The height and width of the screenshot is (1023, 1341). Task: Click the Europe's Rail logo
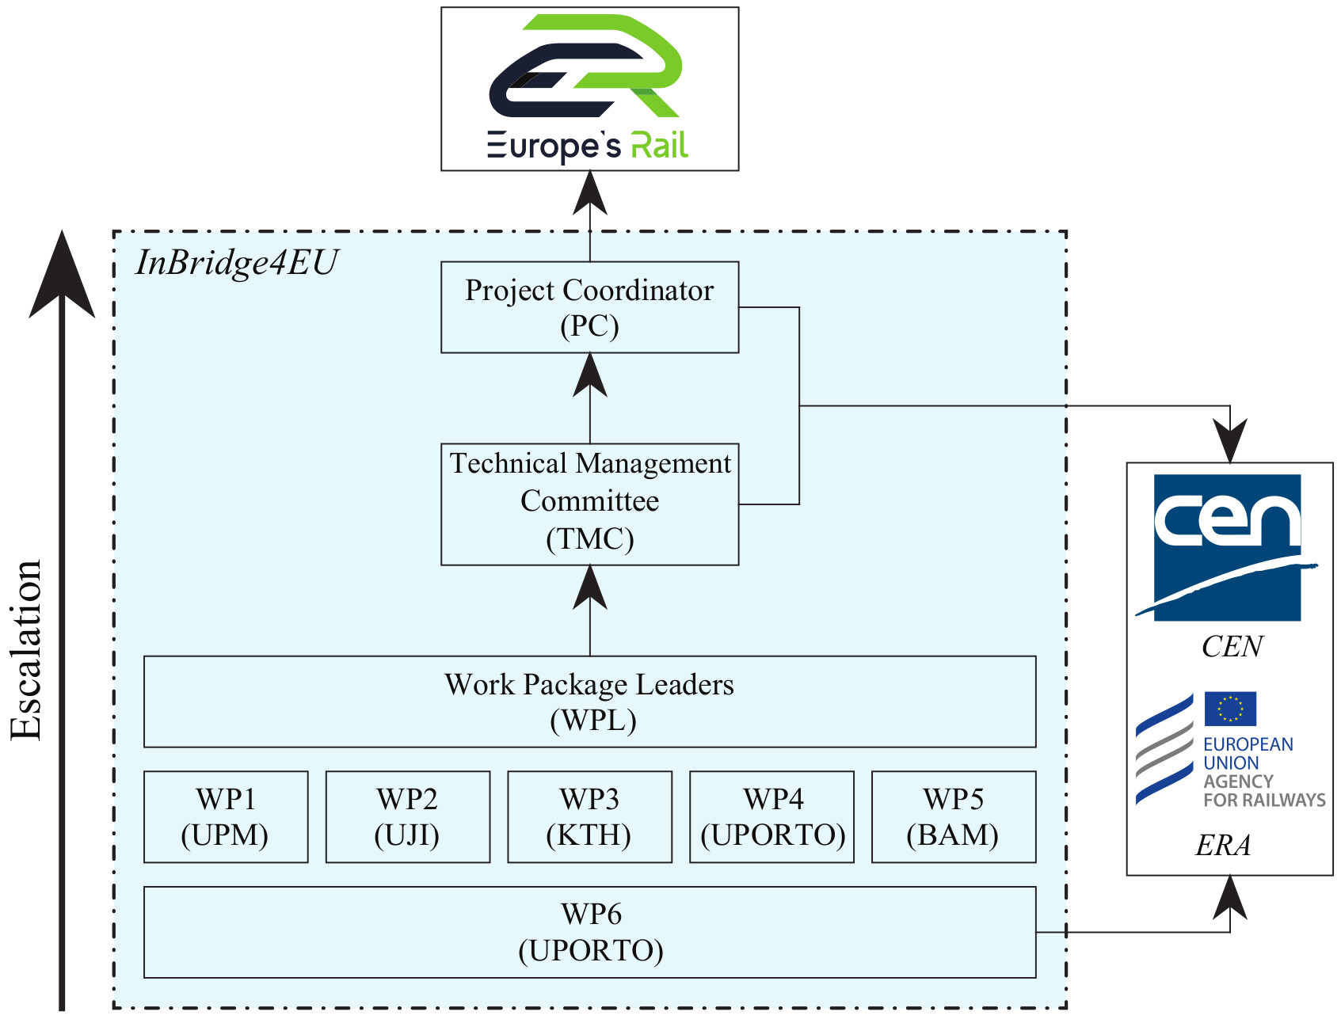[x=589, y=89]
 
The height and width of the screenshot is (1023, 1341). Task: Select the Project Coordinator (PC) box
[x=589, y=307]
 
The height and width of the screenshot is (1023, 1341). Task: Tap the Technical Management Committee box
[x=589, y=504]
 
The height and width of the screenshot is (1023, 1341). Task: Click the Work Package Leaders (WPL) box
[x=589, y=702]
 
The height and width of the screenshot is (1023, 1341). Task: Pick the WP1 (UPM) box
[x=226, y=816]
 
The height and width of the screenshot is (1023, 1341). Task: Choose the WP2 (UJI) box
[x=407, y=816]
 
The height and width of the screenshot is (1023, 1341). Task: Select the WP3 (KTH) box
[x=589, y=816]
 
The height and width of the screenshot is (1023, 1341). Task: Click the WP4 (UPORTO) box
[x=771, y=816]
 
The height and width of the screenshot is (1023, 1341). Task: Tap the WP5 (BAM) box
[x=954, y=816]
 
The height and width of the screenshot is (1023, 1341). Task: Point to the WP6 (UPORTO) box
[x=589, y=932]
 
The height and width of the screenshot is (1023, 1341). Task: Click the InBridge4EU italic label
[x=237, y=263]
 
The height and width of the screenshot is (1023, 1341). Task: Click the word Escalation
[x=25, y=649]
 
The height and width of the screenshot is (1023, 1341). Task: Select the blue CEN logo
[x=1227, y=546]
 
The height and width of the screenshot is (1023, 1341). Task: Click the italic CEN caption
[x=1232, y=647]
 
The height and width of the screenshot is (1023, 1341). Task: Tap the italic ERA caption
[x=1223, y=846]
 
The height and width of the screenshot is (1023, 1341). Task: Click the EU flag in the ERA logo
[x=1230, y=709]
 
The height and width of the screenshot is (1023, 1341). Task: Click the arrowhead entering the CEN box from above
[x=1230, y=441]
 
